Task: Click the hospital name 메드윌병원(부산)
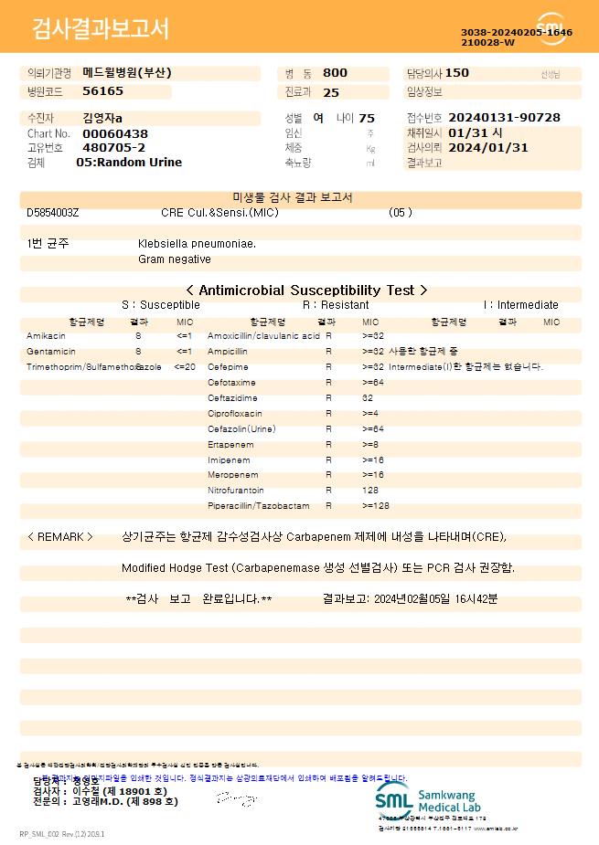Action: (126, 72)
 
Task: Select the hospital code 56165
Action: (102, 91)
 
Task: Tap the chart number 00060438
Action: (114, 133)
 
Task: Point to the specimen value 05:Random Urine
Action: (129, 162)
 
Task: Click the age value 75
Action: (367, 118)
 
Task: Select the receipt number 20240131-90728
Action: (505, 118)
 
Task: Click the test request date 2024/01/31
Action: (488, 147)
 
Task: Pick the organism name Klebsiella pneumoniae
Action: (197, 244)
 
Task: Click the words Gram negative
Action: (174, 259)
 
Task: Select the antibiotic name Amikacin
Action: (46, 336)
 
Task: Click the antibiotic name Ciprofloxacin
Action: (234, 414)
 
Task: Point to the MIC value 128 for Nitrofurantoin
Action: (371, 491)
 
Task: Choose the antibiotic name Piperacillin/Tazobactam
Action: (259, 506)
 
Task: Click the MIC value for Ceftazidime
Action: (368, 398)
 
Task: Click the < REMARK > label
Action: (60, 537)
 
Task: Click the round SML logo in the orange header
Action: (551, 28)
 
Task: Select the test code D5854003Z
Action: (53, 213)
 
